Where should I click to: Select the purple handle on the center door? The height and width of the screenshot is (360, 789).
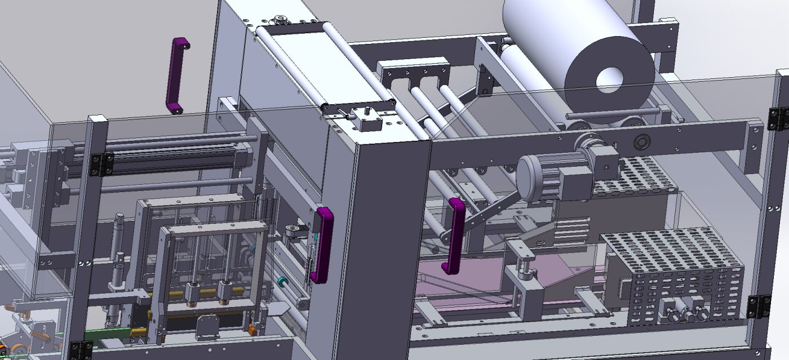323,243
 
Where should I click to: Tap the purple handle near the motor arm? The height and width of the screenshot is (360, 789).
455,235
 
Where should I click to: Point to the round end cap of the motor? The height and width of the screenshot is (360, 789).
530,177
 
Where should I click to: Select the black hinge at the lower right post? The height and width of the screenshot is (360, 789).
759,306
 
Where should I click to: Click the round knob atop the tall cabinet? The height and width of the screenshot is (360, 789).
278,21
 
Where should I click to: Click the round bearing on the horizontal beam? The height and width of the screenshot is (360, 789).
641,141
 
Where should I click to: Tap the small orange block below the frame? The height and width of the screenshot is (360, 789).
252,328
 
